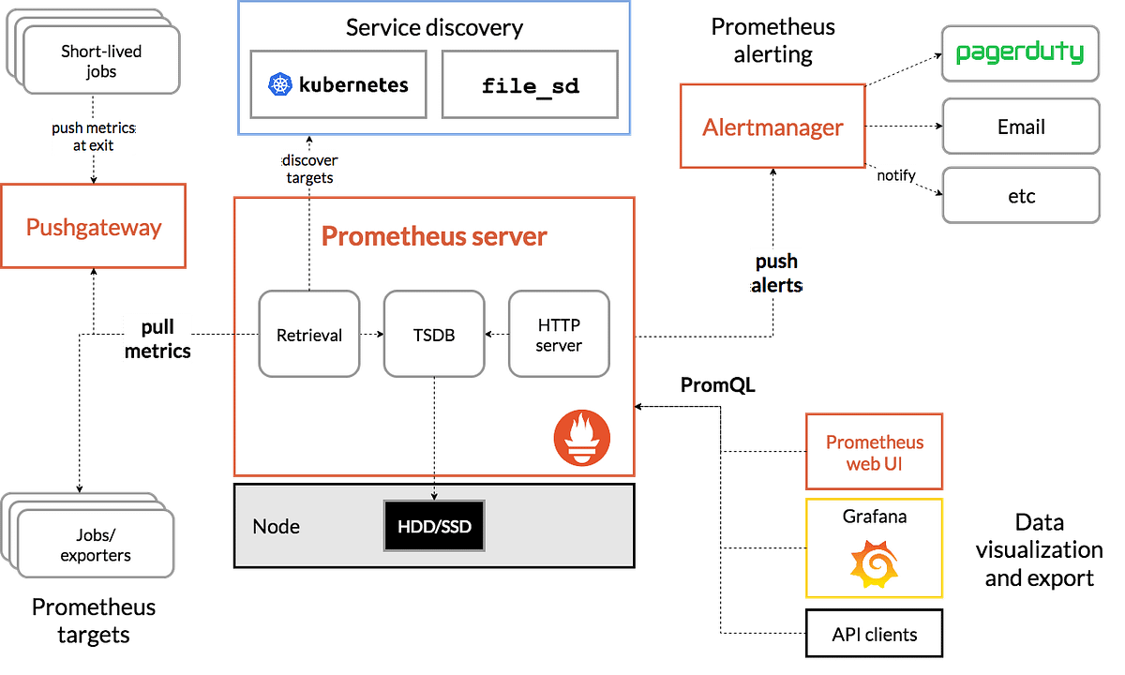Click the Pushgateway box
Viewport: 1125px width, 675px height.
[x=93, y=227]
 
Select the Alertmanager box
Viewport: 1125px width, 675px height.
[x=772, y=127]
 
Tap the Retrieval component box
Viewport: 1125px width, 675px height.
[x=308, y=335]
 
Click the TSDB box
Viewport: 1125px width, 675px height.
[x=434, y=335]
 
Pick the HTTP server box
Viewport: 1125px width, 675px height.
[x=559, y=335]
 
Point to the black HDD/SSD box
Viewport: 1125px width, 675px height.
[x=434, y=527]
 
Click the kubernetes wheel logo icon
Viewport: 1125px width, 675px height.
[x=280, y=84]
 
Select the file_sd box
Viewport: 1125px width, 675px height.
[x=530, y=85]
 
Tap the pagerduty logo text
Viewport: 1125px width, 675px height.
[x=1020, y=52]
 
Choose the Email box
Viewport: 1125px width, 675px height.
[x=1021, y=127]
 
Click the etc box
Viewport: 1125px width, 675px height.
[x=1021, y=196]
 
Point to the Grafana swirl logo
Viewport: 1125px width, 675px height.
[x=874, y=564]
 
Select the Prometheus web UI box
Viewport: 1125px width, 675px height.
[x=874, y=452]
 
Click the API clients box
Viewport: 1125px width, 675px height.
[x=874, y=635]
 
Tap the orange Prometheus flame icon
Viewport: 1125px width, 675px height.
[x=581, y=438]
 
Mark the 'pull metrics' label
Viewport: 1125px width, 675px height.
[x=157, y=339]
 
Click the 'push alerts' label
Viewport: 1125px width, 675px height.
[x=776, y=274]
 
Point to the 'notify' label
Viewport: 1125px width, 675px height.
[x=895, y=175]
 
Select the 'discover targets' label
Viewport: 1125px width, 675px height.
[x=309, y=169]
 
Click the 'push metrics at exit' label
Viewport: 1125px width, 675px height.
[x=93, y=137]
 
